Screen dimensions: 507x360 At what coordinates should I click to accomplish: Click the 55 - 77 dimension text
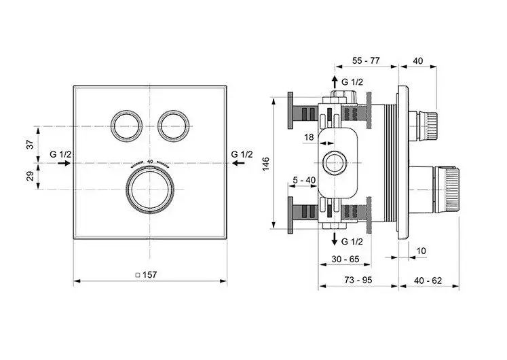366,61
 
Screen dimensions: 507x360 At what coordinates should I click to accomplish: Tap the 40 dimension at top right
418,61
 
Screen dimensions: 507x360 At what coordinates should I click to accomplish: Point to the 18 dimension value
309,137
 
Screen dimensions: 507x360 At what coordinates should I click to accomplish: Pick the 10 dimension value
421,251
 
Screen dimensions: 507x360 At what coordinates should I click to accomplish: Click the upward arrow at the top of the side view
334,82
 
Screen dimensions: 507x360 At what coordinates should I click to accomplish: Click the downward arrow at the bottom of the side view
334,240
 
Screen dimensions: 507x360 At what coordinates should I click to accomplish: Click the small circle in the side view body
333,163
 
